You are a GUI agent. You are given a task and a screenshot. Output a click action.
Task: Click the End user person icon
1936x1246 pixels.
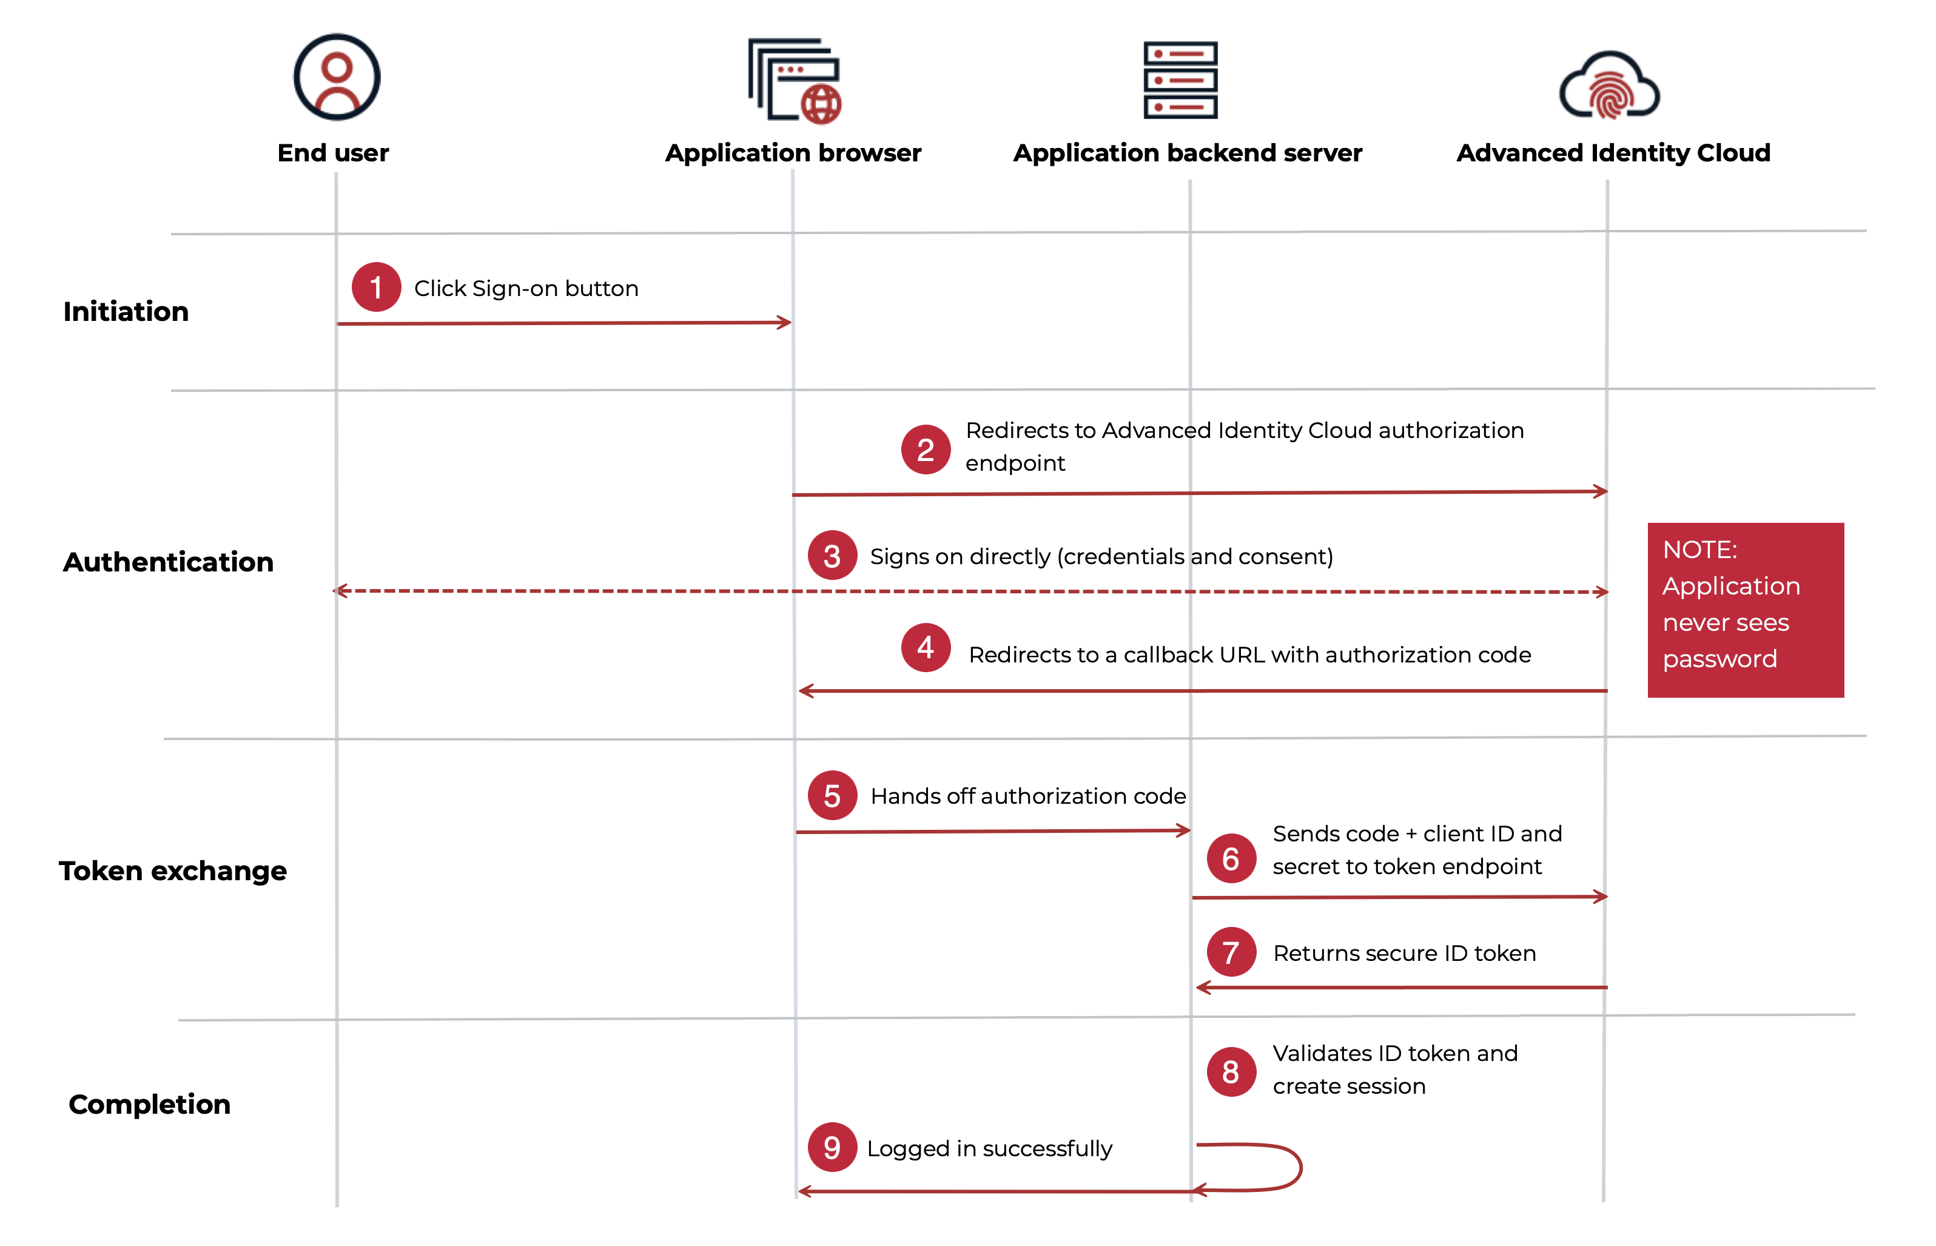(337, 78)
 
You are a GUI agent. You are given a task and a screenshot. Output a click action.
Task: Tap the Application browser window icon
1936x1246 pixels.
(794, 81)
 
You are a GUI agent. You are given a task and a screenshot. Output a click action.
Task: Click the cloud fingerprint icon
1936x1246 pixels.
(1609, 87)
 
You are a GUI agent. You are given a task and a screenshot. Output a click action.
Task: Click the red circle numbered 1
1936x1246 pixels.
(376, 287)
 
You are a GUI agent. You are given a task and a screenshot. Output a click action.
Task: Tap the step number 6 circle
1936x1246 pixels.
(1231, 858)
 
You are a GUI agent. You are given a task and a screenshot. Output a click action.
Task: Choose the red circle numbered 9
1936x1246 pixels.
(832, 1147)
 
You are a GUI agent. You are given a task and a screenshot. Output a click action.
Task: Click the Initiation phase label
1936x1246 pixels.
(126, 312)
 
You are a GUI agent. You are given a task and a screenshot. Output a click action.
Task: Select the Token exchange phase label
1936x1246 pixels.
(172, 871)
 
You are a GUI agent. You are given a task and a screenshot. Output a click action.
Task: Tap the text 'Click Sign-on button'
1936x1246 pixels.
(526, 289)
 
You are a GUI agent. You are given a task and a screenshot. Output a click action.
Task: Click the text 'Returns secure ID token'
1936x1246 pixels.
(1404, 953)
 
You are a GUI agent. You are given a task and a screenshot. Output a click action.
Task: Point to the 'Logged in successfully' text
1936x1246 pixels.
(989, 1149)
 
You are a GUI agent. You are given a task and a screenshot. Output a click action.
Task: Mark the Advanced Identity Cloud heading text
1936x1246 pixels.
(1613, 153)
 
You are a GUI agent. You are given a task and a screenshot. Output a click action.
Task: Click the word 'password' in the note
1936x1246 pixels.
(1719, 659)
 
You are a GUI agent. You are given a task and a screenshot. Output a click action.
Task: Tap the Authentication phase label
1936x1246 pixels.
(168, 562)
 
